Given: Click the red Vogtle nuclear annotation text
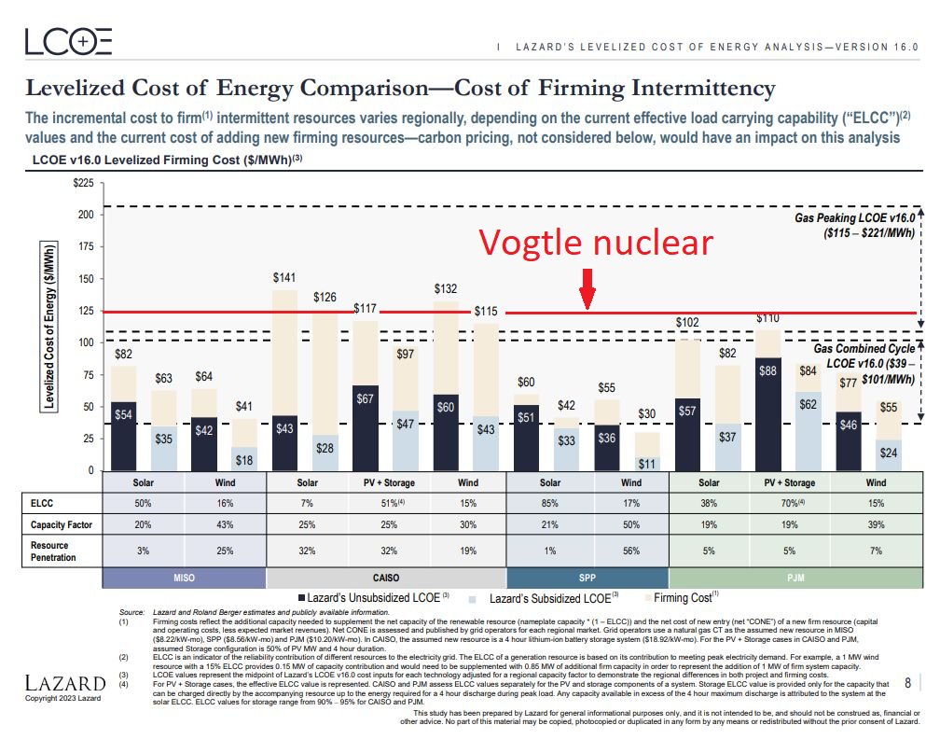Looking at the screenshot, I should [x=596, y=243].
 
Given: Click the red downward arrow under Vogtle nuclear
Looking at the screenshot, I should [x=587, y=288].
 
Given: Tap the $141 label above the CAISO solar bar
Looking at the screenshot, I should [x=283, y=277].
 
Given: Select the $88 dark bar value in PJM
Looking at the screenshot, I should [x=768, y=370].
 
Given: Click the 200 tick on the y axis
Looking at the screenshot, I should [x=86, y=215].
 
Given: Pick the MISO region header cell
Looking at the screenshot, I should [x=184, y=578].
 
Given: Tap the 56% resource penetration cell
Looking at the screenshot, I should [x=630, y=551].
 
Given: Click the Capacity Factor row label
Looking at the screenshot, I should [x=62, y=524].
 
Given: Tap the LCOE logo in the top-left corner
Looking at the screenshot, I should [x=69, y=42].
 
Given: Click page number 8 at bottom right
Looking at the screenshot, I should [x=908, y=683].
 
